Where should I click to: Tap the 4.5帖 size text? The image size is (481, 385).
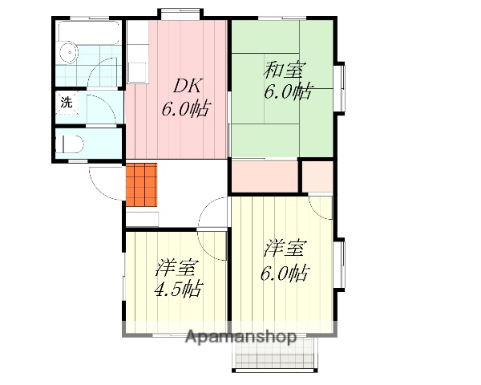[178, 289]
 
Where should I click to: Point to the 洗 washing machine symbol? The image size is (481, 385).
[67, 103]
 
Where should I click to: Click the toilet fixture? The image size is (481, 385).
[71, 145]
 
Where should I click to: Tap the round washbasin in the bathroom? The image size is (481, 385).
[69, 55]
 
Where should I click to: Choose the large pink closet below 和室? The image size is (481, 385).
[265, 176]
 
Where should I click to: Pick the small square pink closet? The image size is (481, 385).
[317, 176]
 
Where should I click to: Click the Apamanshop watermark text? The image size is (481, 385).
[240, 336]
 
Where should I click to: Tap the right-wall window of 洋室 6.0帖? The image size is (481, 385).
[342, 265]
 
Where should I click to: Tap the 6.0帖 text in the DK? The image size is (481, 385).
[185, 109]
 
